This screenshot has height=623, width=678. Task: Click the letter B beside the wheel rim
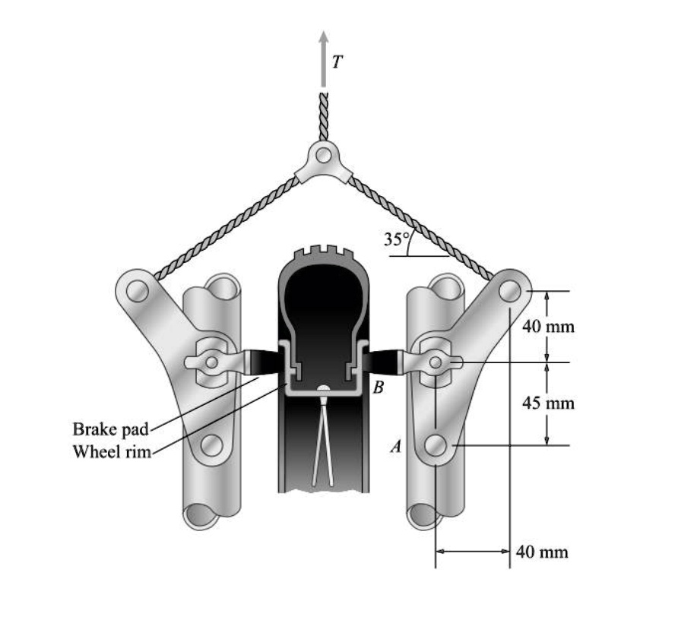pyautogui.click(x=379, y=387)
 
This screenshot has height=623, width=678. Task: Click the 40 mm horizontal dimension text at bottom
pyautogui.click(x=542, y=552)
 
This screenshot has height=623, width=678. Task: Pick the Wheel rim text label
pyautogui.click(x=112, y=452)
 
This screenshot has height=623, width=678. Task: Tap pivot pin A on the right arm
pyautogui.click(x=436, y=446)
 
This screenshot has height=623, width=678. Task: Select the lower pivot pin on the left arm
pyautogui.click(x=211, y=444)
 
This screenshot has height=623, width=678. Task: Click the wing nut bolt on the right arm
pyautogui.click(x=434, y=363)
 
